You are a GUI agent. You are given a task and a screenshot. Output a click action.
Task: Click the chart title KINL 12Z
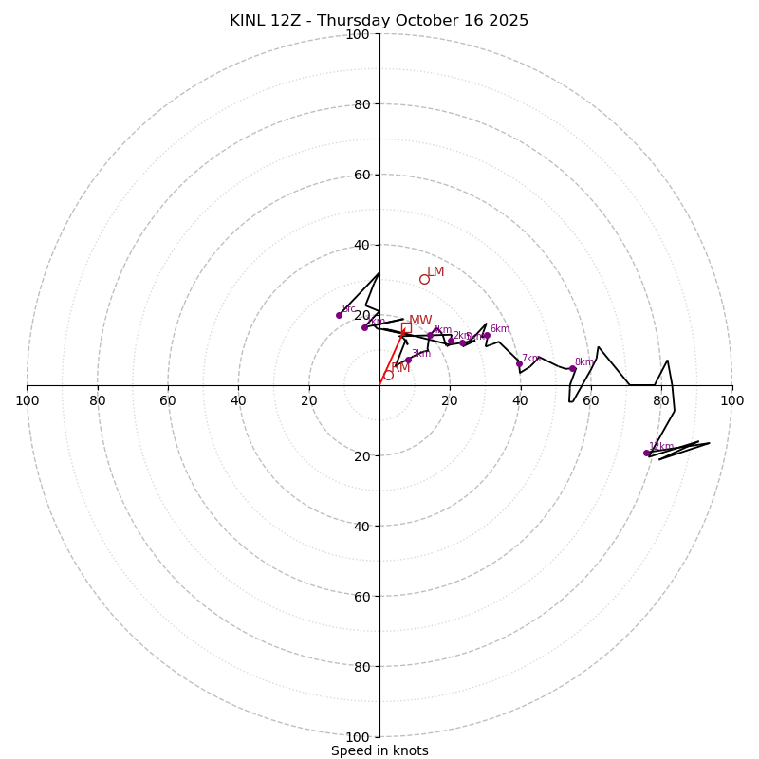(x=379, y=21)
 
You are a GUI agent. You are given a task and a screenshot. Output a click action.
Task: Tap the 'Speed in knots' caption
(x=379, y=750)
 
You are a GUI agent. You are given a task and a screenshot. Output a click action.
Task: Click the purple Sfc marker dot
(x=339, y=315)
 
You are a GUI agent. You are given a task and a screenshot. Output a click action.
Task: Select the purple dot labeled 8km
(x=572, y=368)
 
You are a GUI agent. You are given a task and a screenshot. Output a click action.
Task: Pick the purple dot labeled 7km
(x=519, y=363)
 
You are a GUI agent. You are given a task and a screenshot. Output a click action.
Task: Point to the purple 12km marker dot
(x=647, y=453)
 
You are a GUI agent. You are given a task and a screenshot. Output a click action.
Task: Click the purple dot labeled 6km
(x=487, y=335)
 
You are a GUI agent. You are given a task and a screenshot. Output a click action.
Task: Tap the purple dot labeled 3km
(x=408, y=360)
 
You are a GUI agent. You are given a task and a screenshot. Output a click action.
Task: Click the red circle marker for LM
(x=424, y=279)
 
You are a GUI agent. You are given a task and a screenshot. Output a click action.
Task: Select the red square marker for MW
(x=406, y=327)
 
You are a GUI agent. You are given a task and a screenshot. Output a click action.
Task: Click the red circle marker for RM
(x=388, y=375)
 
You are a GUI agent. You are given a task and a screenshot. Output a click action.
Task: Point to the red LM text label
(x=435, y=272)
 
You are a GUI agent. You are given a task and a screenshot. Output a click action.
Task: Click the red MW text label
(x=420, y=321)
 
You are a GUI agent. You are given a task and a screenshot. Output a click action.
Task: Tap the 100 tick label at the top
(x=358, y=35)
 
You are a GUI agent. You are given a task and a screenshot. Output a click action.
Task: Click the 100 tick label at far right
(x=731, y=400)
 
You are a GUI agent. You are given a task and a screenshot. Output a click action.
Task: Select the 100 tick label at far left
(x=28, y=400)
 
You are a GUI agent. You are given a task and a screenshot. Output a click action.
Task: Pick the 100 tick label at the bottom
(x=358, y=737)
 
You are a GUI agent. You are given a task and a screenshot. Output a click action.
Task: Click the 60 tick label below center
(x=361, y=597)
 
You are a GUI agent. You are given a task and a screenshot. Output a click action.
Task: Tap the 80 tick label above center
(x=361, y=104)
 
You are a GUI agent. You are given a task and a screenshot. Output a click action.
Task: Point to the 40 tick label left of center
(x=238, y=400)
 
